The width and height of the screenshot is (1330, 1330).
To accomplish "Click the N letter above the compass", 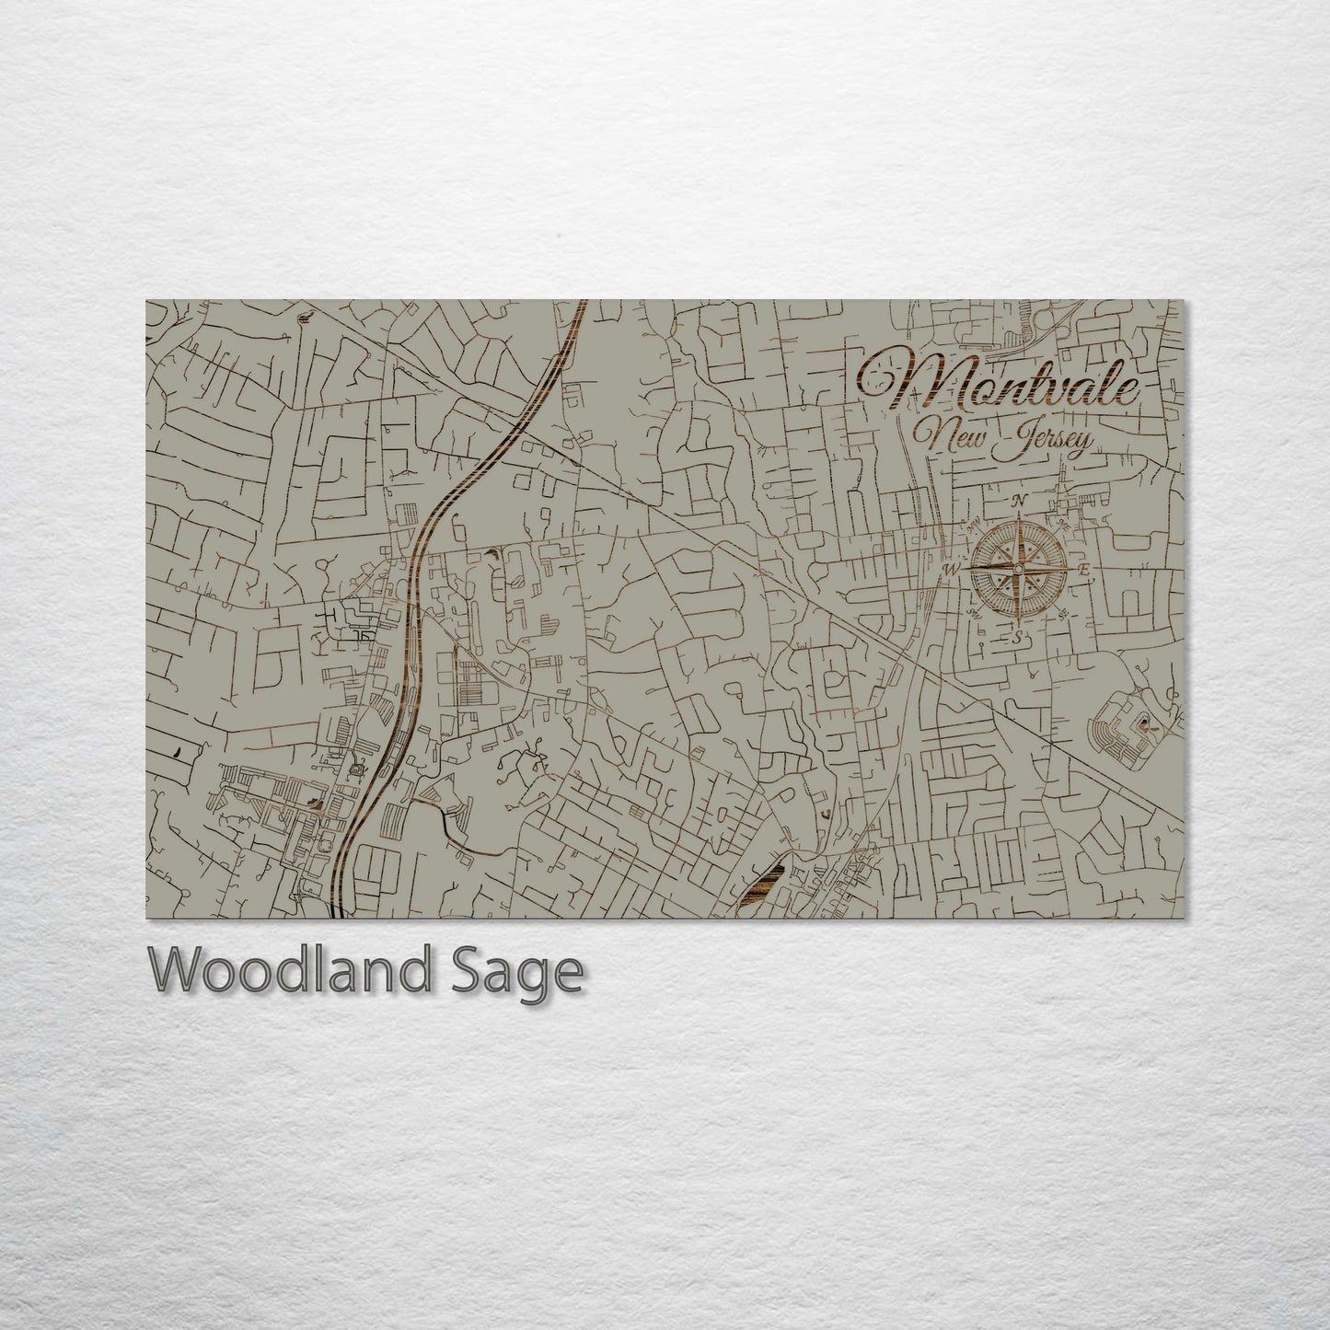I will (x=1019, y=502).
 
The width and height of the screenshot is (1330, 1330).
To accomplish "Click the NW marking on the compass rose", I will (x=974, y=525).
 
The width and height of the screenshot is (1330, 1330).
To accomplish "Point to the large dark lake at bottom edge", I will (x=763, y=885).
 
